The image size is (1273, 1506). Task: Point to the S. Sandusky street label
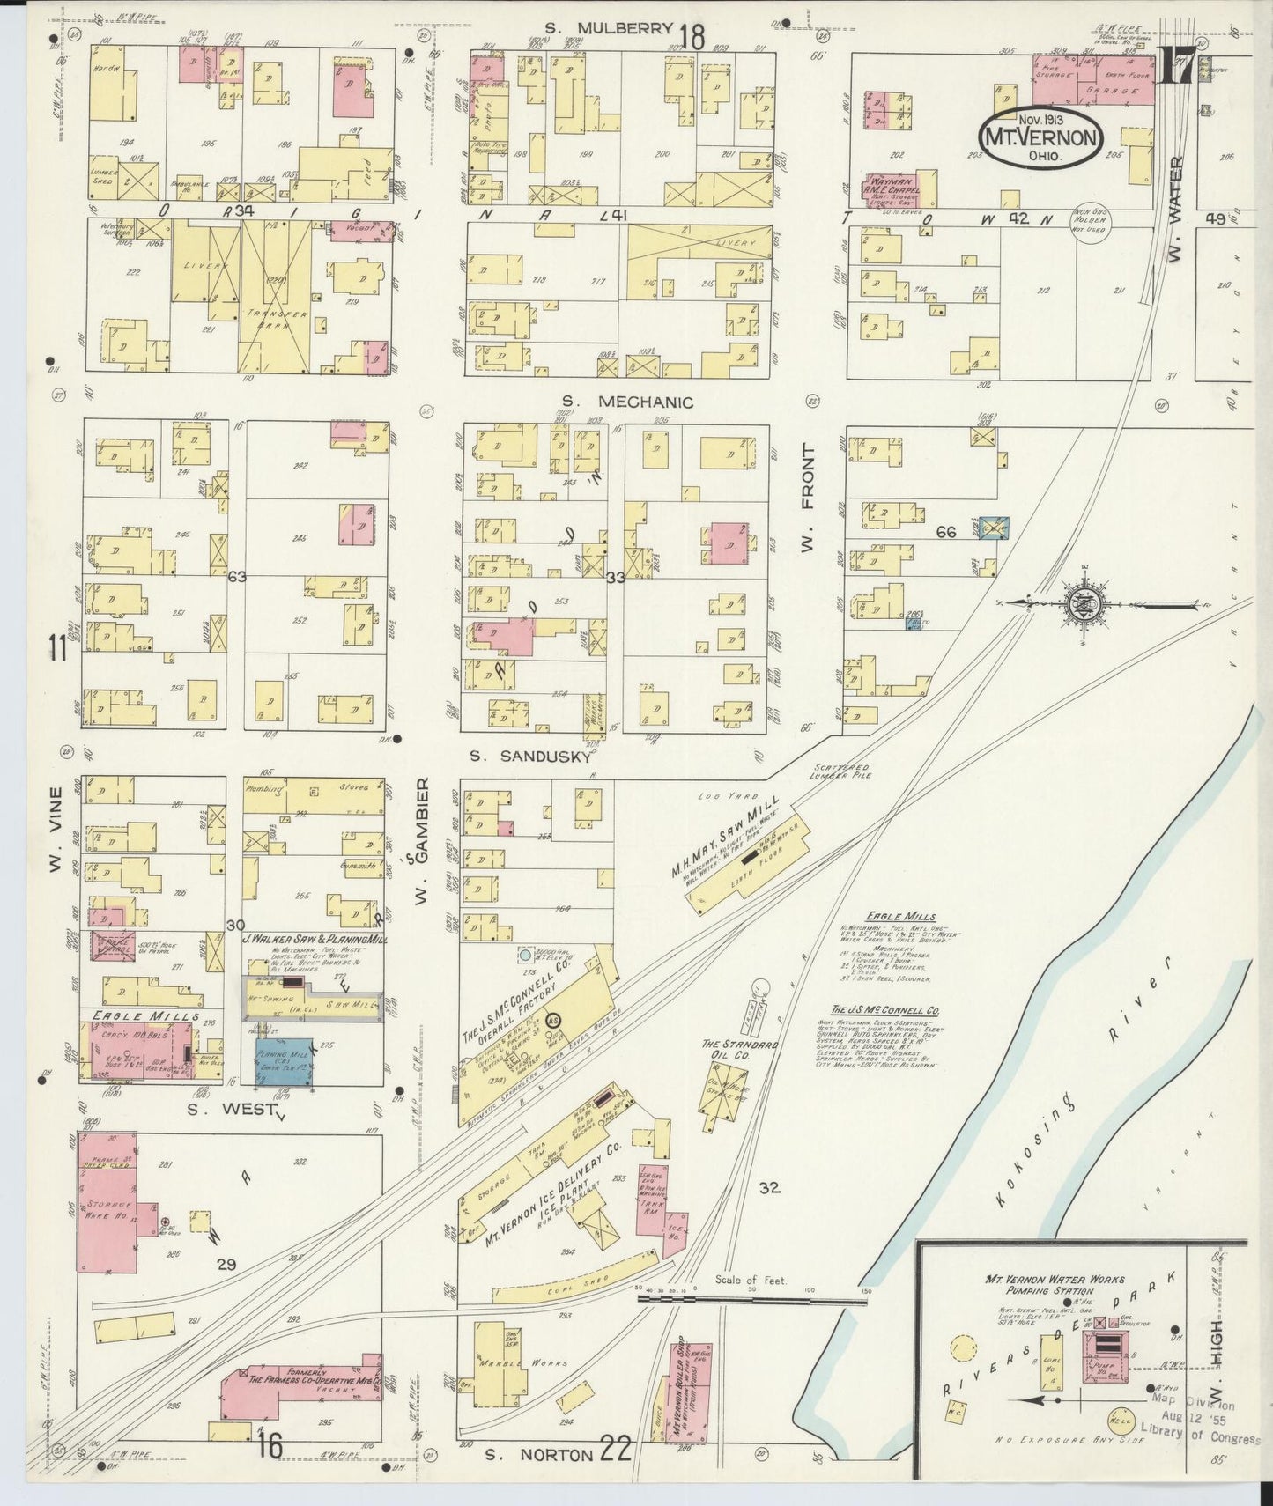click(x=529, y=756)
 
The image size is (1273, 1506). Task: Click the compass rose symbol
click(x=1081, y=603)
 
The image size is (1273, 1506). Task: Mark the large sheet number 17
click(x=1178, y=68)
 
